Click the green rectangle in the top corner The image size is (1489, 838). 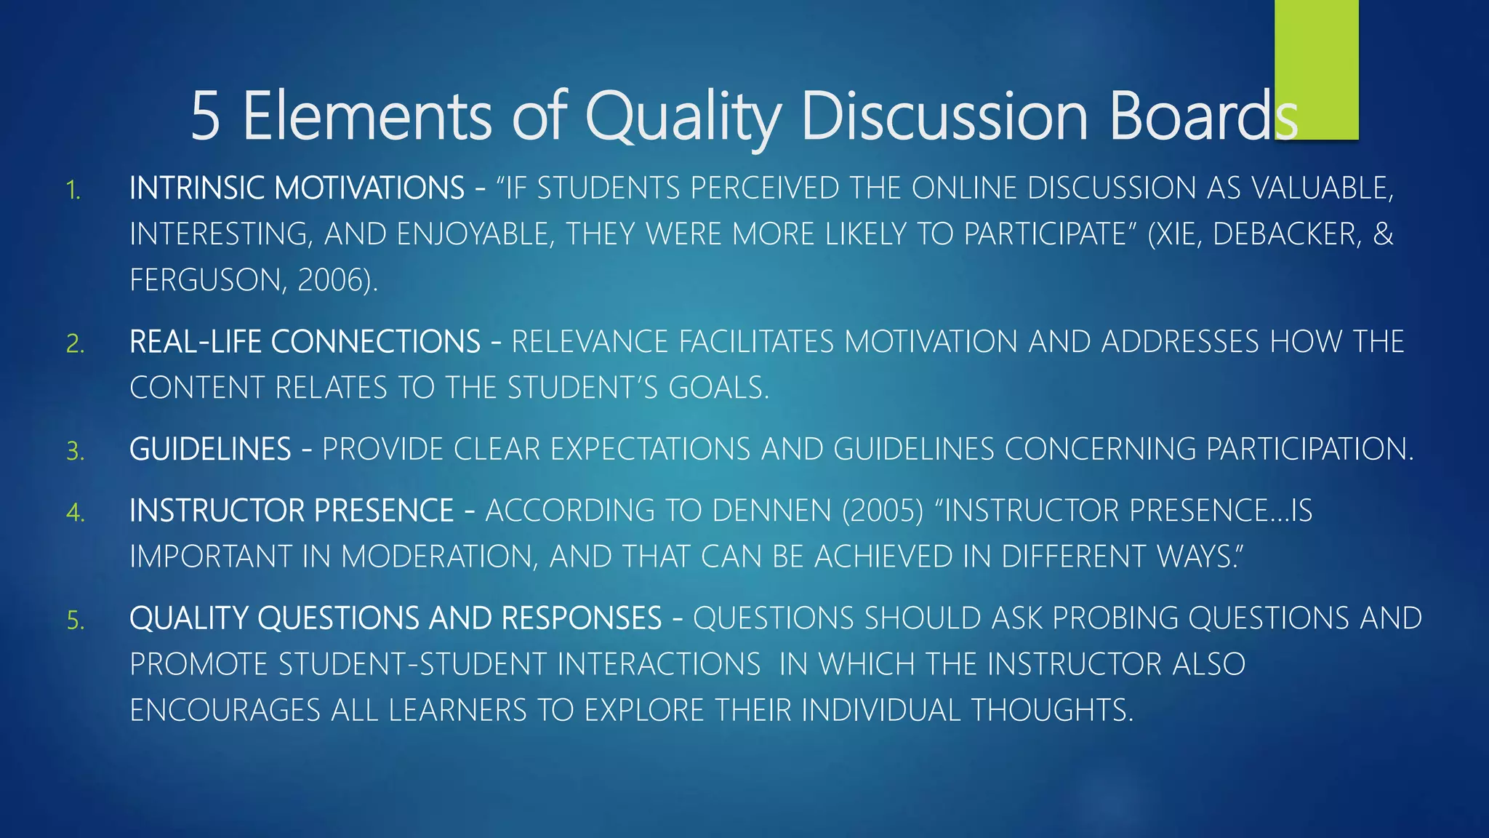(x=1316, y=69)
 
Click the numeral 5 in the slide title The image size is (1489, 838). (x=205, y=116)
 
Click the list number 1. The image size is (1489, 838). (x=73, y=191)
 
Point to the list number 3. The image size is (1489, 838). (x=75, y=452)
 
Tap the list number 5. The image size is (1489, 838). (x=75, y=620)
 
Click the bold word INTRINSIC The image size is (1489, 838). (x=196, y=188)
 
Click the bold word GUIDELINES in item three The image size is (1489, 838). (x=210, y=450)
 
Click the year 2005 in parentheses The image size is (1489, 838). (x=883, y=511)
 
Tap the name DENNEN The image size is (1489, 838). (x=772, y=511)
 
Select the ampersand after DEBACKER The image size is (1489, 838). (x=1383, y=234)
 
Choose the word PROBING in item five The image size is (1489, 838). (x=1115, y=618)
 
